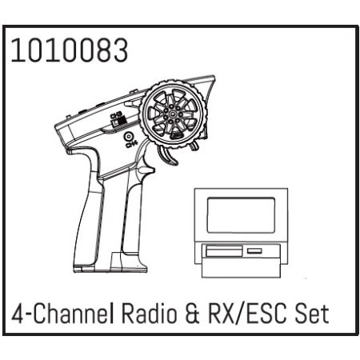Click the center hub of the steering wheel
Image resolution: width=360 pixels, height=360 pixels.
170,114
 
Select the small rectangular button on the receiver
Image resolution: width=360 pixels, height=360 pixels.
254,251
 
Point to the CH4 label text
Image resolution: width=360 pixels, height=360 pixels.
130,144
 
